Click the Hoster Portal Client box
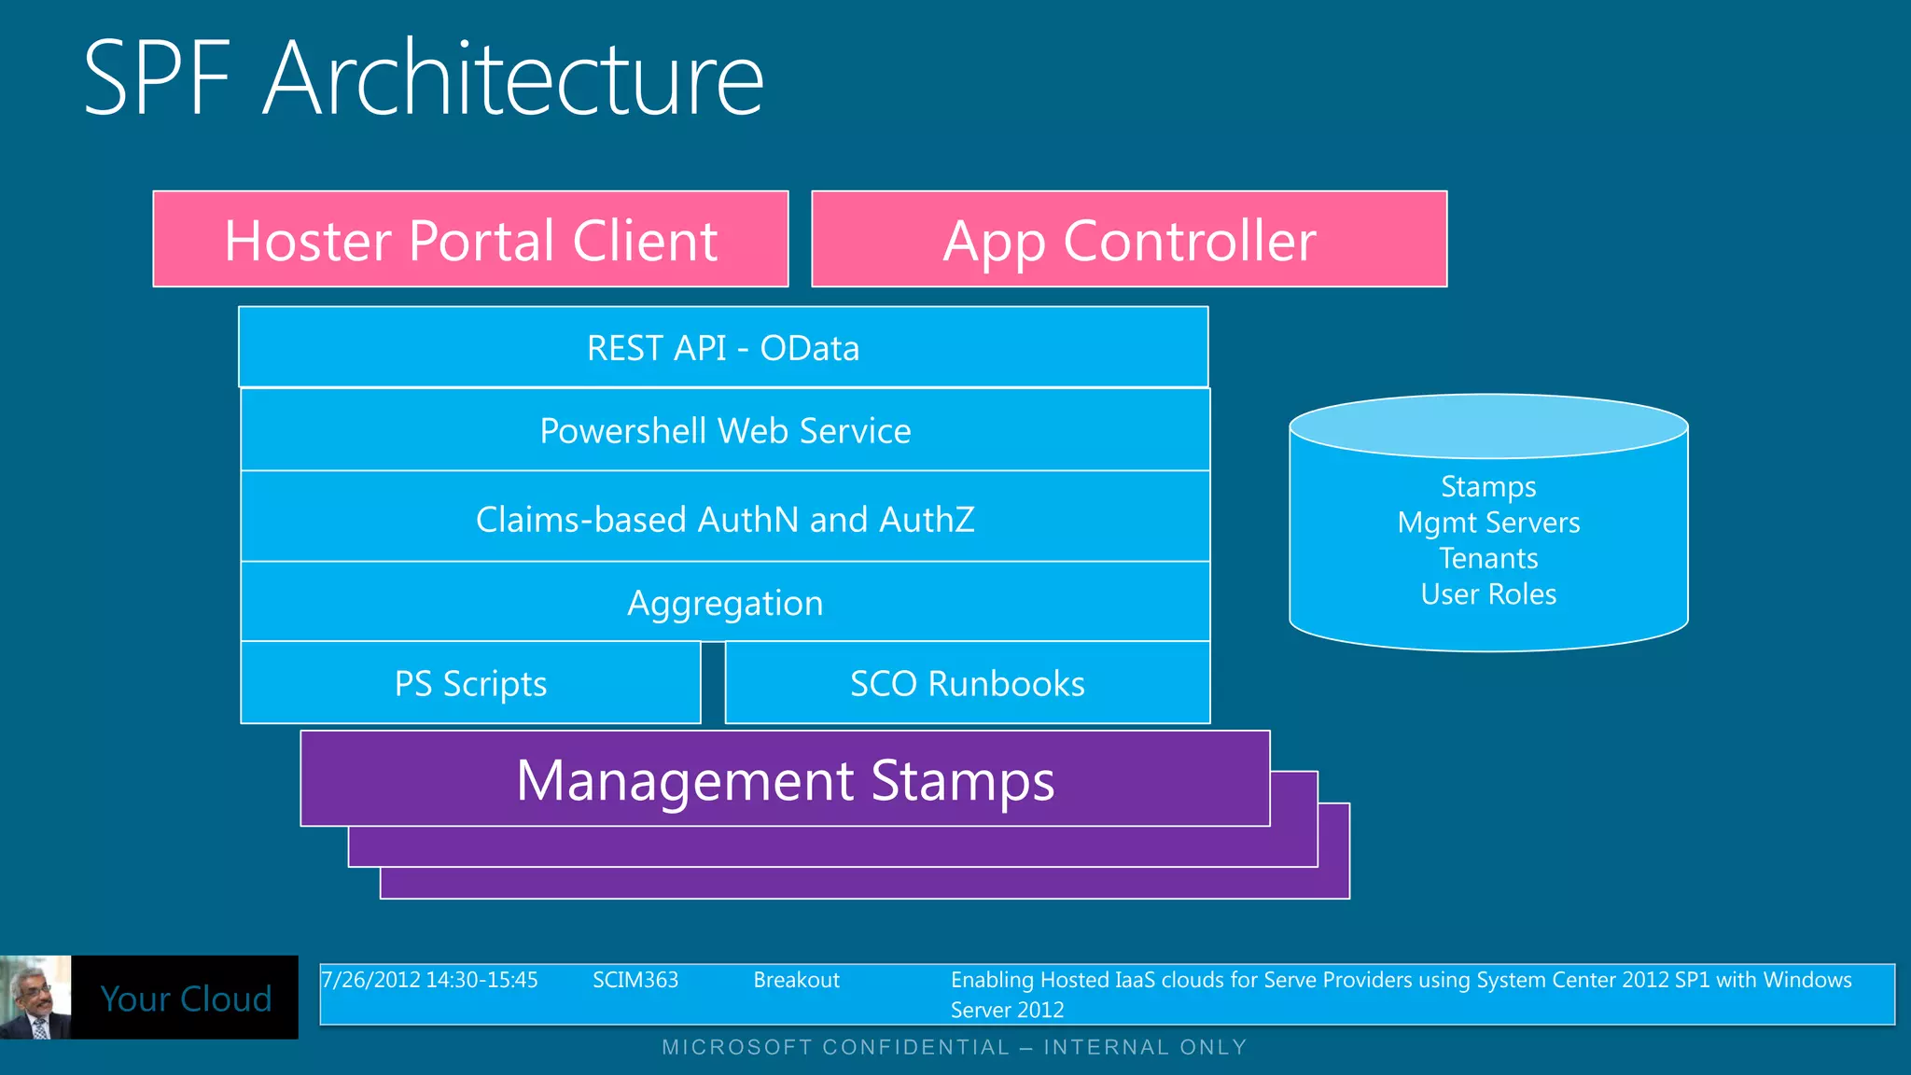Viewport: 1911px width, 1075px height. (x=470, y=240)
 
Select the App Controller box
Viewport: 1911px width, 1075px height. (x=1129, y=240)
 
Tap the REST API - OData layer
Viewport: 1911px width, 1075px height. (x=723, y=347)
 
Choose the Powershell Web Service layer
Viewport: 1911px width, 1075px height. (x=725, y=430)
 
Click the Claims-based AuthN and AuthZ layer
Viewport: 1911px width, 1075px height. (x=725, y=519)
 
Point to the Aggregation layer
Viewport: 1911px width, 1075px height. (x=725, y=603)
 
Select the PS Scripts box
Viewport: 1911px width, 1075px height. (x=470, y=683)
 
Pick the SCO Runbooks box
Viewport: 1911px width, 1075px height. (x=967, y=683)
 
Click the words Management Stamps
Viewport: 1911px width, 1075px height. (x=785, y=780)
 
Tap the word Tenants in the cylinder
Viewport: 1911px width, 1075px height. (x=1488, y=558)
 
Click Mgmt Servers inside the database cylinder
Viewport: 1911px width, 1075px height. (x=1488, y=523)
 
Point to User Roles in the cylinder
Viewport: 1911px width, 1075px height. (x=1488, y=594)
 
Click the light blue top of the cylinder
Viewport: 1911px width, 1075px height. (x=1488, y=426)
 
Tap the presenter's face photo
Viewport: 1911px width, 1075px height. (x=35, y=997)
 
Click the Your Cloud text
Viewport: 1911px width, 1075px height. (x=186, y=998)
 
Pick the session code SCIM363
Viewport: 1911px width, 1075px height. (x=635, y=980)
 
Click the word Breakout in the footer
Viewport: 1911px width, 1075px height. (x=796, y=980)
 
